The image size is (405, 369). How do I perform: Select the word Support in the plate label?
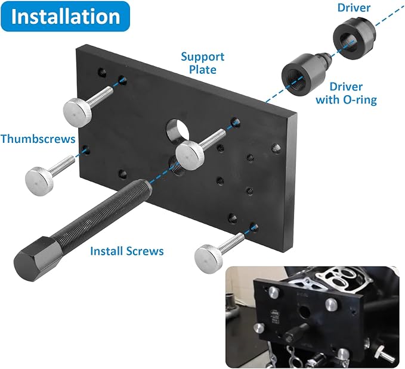203,57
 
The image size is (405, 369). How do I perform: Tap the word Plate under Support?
203,70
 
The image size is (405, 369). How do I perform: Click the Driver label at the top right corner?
354,8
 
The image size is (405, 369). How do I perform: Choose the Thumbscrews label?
38,139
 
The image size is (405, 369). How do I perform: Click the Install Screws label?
126,251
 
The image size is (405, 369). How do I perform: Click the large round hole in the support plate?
176,129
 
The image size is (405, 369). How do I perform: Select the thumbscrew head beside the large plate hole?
191,152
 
